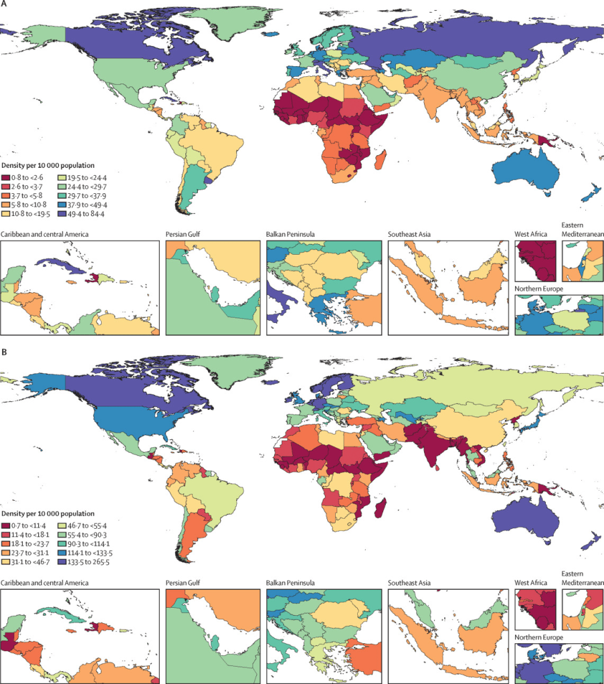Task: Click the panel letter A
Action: (x=5, y=5)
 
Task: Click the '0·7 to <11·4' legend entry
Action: (x=29, y=517)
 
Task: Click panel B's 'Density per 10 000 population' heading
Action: (x=47, y=507)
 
